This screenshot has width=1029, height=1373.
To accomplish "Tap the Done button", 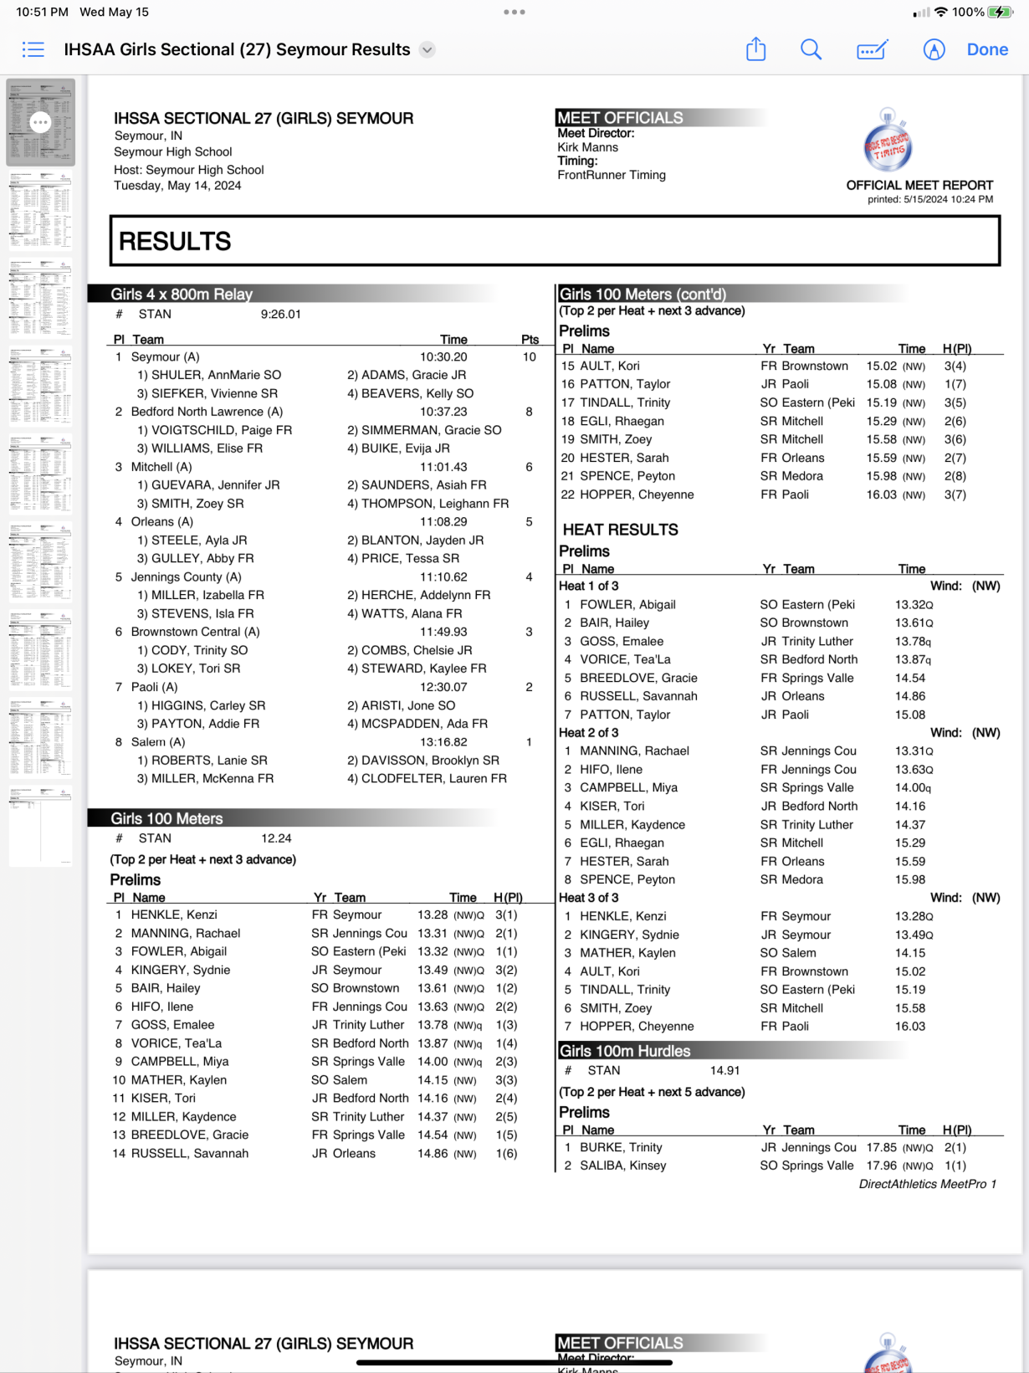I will [x=987, y=49].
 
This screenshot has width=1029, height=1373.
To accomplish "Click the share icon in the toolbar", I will [x=755, y=49].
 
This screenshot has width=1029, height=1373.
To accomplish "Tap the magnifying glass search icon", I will [x=811, y=49].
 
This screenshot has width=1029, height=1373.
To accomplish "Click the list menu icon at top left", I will [x=33, y=49].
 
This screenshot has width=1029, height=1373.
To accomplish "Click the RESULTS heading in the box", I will [x=175, y=242].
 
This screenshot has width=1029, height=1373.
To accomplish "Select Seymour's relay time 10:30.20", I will [x=443, y=357].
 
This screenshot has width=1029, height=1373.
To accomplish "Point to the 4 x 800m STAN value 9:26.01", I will [x=280, y=315].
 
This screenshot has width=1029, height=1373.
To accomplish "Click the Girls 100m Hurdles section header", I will [x=625, y=1052].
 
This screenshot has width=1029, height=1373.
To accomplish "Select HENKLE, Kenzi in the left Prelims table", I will [x=174, y=915].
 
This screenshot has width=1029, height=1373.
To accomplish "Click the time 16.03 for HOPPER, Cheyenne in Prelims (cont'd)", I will [x=881, y=494].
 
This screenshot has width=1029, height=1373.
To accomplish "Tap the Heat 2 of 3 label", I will [x=589, y=733].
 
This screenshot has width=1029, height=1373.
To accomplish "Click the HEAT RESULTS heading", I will [x=620, y=530].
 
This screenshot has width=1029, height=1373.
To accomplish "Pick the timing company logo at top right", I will [x=888, y=142].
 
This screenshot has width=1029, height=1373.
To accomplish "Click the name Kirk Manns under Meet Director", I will [x=587, y=147].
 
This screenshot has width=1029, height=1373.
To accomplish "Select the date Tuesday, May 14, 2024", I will [x=177, y=186].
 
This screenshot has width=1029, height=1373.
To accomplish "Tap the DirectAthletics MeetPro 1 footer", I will [x=927, y=1184].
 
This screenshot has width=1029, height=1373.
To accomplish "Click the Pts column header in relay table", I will [x=530, y=340].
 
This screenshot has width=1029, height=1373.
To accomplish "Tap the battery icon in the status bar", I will [x=1000, y=12].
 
